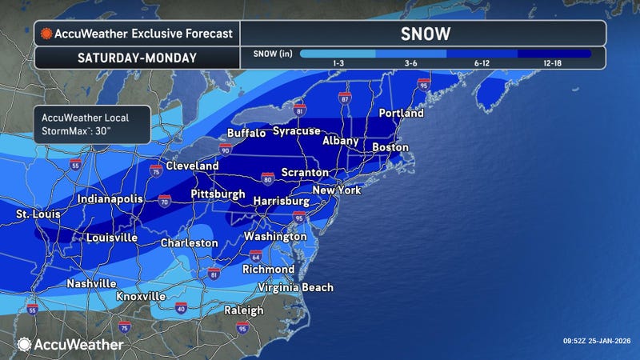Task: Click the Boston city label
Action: pyautogui.click(x=390, y=148)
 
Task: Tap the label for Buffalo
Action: pyautogui.click(x=246, y=133)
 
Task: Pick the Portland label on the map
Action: pyautogui.click(x=401, y=114)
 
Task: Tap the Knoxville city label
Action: pyautogui.click(x=141, y=296)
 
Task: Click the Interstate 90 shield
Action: pyautogui.click(x=224, y=150)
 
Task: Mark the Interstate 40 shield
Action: pyautogui.click(x=181, y=307)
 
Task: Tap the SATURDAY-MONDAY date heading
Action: pyautogui.click(x=137, y=58)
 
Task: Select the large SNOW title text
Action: pyautogui.click(x=424, y=34)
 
